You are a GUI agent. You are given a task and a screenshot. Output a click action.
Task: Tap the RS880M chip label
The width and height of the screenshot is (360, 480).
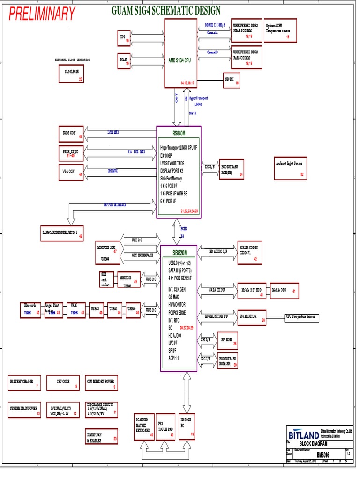coord(179,133)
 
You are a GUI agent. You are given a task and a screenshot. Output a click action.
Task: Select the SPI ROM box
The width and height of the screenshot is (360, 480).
coord(227,340)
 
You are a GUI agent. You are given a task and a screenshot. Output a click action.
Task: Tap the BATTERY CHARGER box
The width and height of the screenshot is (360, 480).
coord(24,383)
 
